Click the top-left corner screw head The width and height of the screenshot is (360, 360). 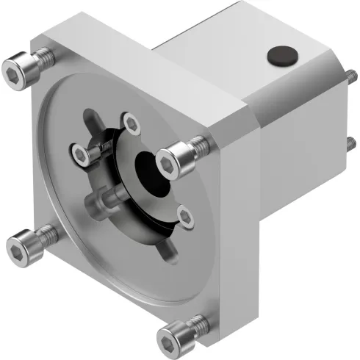click(18, 71)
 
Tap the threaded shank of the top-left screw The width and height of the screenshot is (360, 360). click(43, 58)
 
